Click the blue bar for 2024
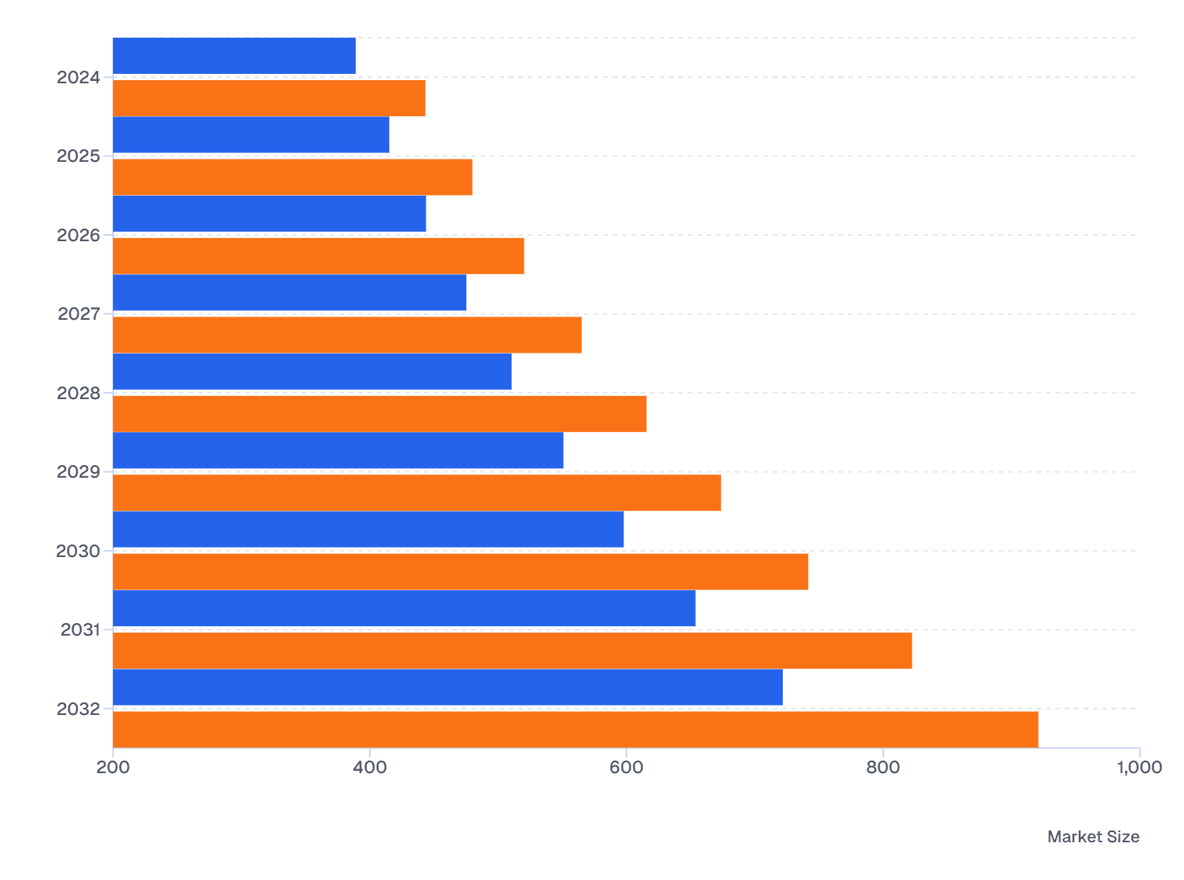[x=234, y=56]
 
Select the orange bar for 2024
[x=269, y=98]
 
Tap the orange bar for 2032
[x=575, y=729]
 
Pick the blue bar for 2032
[x=448, y=687]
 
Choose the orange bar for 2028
[x=379, y=414]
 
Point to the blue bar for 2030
[x=367, y=530]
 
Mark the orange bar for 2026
[x=318, y=256]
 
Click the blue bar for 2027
[x=289, y=292]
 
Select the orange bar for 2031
[x=512, y=651]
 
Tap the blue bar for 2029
[x=338, y=450]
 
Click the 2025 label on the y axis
[x=79, y=156]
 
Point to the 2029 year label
[x=79, y=472]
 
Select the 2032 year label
[x=79, y=709]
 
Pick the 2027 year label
[x=79, y=314]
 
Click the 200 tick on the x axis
[x=113, y=768]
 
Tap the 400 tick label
[x=370, y=768]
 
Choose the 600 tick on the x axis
[x=627, y=768]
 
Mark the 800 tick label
[x=883, y=768]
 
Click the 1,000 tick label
[x=1139, y=768]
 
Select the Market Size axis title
[x=1093, y=837]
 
